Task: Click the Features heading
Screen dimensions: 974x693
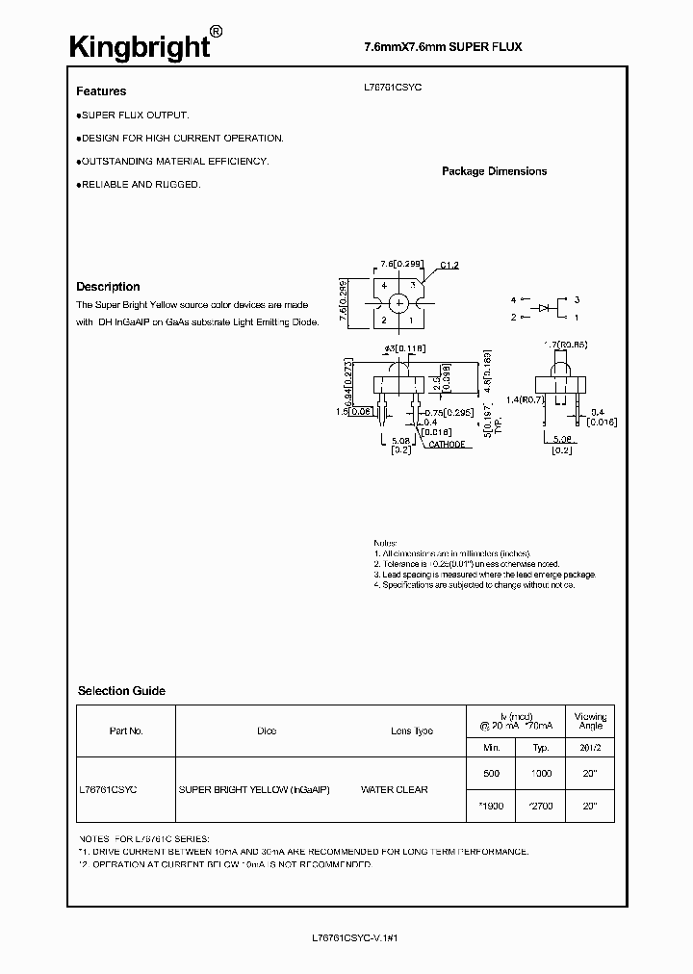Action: (101, 91)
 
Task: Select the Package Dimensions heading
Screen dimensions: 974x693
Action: (494, 171)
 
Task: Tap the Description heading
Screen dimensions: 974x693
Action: (108, 287)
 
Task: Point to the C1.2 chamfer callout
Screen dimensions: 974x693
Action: (449, 265)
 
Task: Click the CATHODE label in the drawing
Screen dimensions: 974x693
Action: (447, 445)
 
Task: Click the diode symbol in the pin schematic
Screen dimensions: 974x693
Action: (545, 308)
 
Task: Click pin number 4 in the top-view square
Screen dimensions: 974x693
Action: (383, 287)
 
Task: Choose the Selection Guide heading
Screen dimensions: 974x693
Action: (121, 691)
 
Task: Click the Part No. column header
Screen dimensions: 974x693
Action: (126, 731)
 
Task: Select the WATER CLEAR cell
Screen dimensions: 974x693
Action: (395, 790)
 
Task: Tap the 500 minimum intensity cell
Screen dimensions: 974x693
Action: (491, 773)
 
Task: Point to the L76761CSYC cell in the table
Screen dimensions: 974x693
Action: (108, 790)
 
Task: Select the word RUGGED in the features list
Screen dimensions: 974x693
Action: (179, 184)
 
